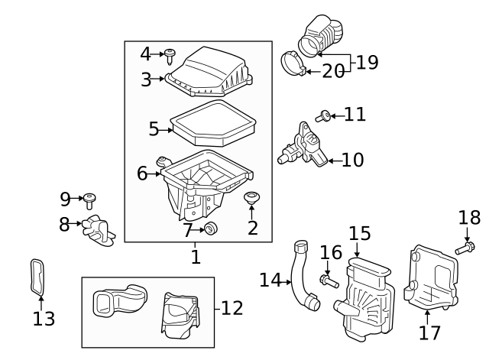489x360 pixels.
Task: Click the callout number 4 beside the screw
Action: [x=146, y=54]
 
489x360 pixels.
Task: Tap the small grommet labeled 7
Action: [x=210, y=228]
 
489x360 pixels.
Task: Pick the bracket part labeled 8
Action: [x=96, y=229]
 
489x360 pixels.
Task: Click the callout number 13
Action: [x=44, y=318]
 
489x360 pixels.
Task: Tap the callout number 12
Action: [x=232, y=308]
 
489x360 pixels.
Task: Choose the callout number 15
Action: [x=359, y=234]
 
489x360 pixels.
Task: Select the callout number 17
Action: [x=430, y=332]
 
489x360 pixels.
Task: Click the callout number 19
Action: [x=368, y=63]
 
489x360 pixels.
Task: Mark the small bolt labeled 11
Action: [x=324, y=115]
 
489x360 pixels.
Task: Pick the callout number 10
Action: [x=353, y=160]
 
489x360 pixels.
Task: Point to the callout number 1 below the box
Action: [x=196, y=256]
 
